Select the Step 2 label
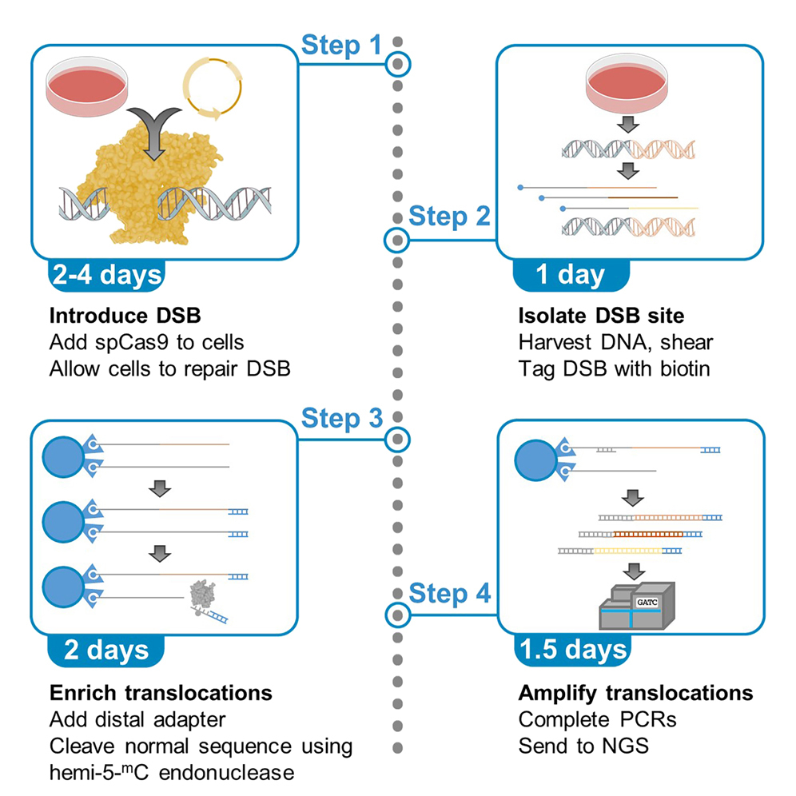coord(449,216)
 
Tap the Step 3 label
coord(341,418)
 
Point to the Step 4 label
coord(449,593)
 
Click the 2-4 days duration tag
coord(105,274)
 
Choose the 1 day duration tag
coord(570,274)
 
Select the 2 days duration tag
coord(105,649)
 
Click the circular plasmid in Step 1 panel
coord(210,87)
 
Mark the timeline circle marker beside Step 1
coord(397,64)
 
